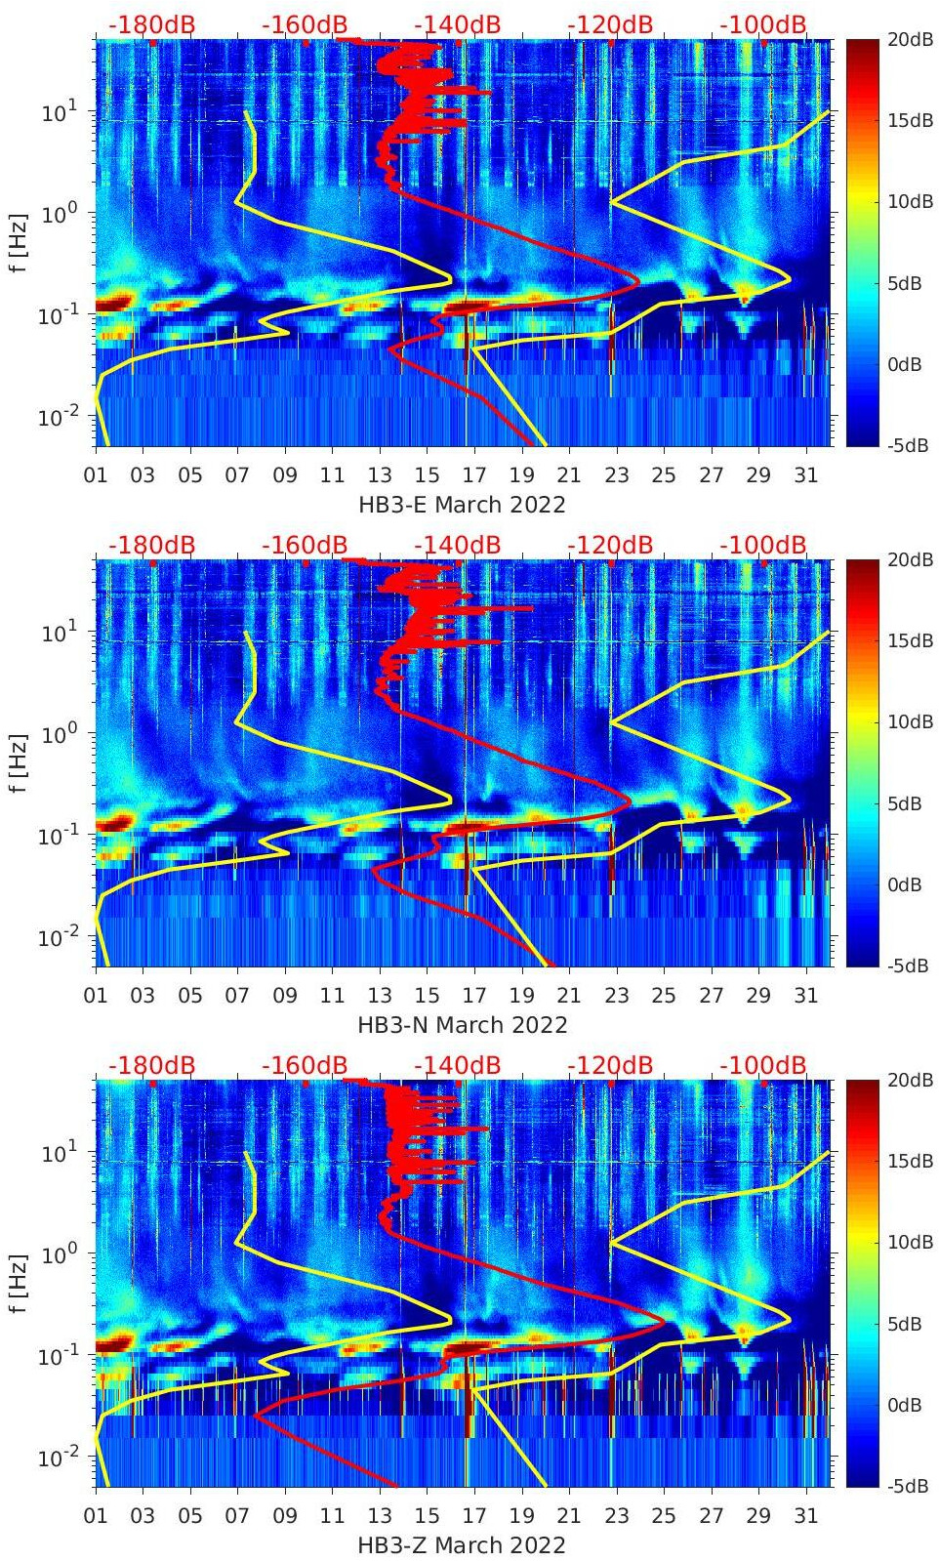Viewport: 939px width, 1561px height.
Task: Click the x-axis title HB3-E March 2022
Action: click(462, 505)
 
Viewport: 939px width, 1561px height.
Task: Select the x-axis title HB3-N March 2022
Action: click(462, 1025)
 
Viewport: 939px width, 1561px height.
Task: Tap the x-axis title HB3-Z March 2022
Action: click(462, 1545)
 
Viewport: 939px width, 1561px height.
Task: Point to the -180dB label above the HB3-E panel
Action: click(151, 24)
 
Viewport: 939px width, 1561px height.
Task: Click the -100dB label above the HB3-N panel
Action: click(763, 545)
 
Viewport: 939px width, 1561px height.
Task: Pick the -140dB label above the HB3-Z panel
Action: click(457, 1065)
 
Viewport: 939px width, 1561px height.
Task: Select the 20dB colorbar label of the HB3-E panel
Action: click(905, 39)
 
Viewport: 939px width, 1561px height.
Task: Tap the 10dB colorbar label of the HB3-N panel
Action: click(905, 721)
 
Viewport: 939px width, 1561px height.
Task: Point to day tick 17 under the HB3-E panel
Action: click(474, 475)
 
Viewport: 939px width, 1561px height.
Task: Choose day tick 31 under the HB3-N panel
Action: click(805, 996)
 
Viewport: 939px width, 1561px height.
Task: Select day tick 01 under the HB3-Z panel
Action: click(96, 1516)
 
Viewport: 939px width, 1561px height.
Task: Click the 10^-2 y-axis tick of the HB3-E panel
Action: click(53, 418)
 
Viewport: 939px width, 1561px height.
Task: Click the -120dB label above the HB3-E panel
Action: click(610, 24)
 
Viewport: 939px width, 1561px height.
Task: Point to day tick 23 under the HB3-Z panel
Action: click(616, 1516)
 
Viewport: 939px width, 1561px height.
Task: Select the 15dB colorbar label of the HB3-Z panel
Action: click(905, 1161)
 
